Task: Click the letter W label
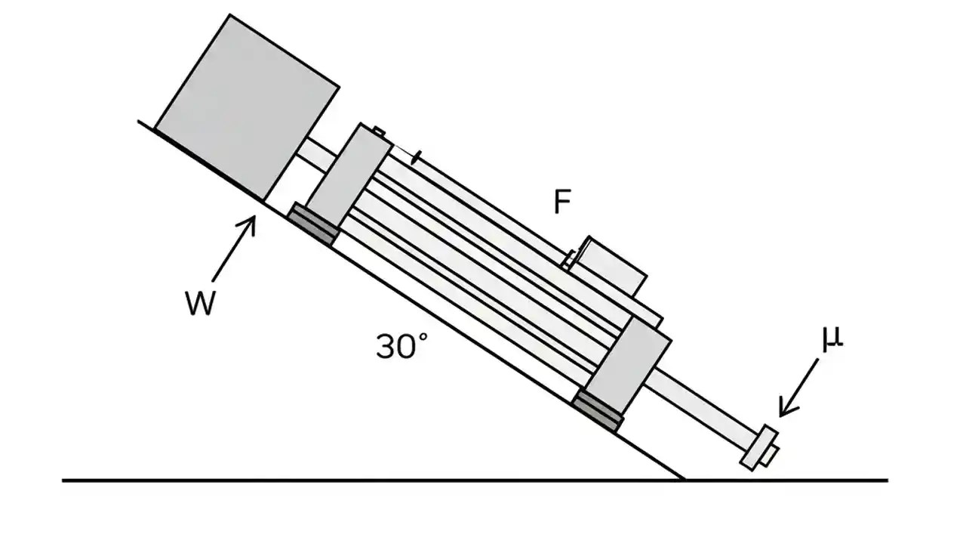[x=201, y=304]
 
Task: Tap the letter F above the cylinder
[x=562, y=202]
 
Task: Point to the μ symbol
[x=832, y=339]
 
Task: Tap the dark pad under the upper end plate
[x=312, y=224]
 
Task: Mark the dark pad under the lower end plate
[x=598, y=412]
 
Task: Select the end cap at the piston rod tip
[x=757, y=447]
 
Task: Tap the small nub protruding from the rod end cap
[x=771, y=456]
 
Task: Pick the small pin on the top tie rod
[x=417, y=159]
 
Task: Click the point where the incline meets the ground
[x=684, y=480]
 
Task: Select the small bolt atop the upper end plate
[x=378, y=133]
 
